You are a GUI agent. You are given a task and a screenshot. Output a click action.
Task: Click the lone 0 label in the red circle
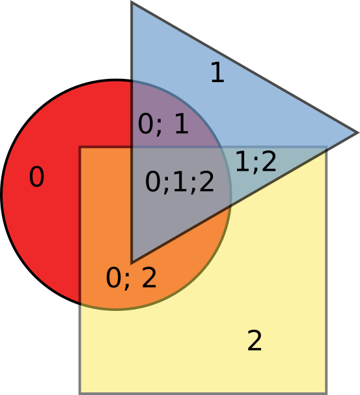click(36, 177)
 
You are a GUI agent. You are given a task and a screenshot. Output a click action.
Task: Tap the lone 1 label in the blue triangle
click(218, 72)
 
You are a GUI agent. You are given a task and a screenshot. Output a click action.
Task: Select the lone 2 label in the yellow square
click(255, 340)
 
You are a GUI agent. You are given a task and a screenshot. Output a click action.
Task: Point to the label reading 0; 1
click(163, 124)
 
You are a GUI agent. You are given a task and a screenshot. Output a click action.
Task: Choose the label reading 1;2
click(256, 162)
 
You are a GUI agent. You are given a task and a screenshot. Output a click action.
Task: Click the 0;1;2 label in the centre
click(180, 182)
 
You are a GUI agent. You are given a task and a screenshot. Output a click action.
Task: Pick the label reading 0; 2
click(131, 278)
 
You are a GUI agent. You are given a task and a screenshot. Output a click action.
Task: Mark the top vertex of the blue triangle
click(132, 2)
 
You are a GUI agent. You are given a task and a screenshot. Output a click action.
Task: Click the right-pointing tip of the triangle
click(357, 133)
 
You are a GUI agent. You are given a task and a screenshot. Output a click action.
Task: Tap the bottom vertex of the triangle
click(132, 263)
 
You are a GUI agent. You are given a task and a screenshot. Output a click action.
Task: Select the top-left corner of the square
click(80, 147)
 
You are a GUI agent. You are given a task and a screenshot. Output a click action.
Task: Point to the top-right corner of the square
click(327, 147)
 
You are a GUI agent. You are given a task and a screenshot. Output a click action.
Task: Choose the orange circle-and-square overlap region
click(105, 227)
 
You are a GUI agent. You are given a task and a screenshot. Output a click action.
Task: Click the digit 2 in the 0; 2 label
click(149, 278)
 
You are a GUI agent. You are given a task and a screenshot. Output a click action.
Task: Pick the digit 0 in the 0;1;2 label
click(153, 182)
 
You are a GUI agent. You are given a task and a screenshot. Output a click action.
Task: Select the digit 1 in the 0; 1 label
click(182, 123)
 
